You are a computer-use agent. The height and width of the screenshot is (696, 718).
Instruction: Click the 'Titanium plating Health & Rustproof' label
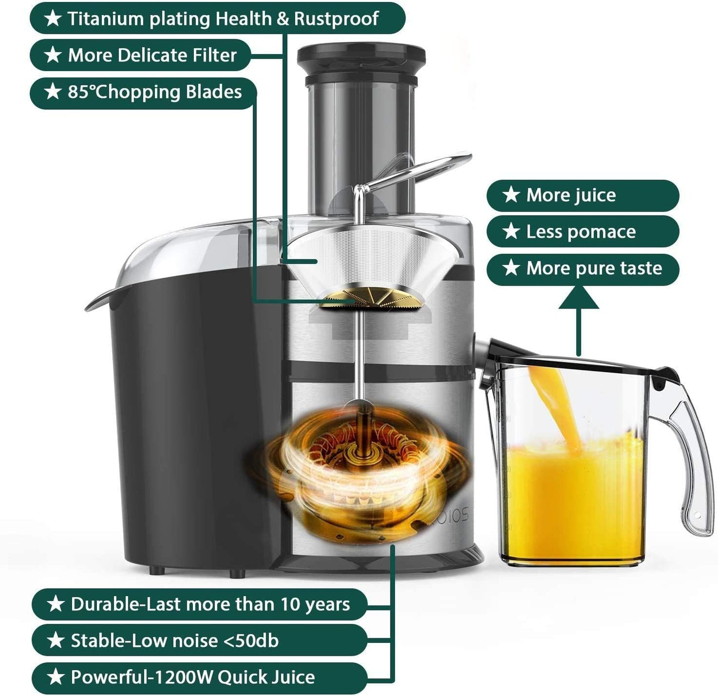click(x=217, y=18)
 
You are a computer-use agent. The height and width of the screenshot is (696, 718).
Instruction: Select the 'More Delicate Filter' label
click(x=140, y=55)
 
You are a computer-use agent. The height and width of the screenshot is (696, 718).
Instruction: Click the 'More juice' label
click(x=582, y=195)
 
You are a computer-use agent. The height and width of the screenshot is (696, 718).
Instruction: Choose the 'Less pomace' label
click(x=582, y=232)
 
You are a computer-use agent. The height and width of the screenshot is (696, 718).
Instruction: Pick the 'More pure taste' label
click(x=582, y=268)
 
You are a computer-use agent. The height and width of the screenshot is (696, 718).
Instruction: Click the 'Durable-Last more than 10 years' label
click(x=199, y=604)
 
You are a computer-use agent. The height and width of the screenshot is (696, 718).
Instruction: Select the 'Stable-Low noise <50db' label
click(x=199, y=641)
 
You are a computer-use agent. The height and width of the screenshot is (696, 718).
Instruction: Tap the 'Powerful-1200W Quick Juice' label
click(x=199, y=678)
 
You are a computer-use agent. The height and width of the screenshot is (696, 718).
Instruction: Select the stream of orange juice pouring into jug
click(x=554, y=402)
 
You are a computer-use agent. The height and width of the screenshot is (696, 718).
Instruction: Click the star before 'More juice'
click(x=511, y=195)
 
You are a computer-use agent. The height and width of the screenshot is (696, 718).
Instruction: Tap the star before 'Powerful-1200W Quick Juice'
click(x=55, y=677)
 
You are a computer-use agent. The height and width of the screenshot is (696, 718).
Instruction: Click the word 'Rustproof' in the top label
click(x=336, y=18)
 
